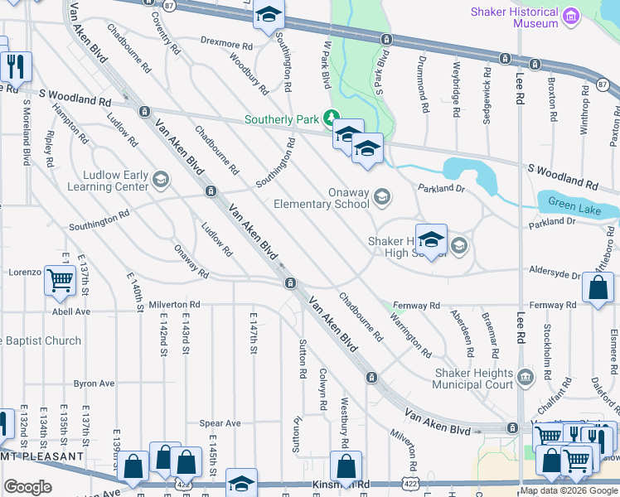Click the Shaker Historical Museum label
tap(514, 17)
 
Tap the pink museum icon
tap(570, 17)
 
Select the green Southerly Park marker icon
tap(332, 119)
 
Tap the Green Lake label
tap(574, 210)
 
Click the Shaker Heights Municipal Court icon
tap(526, 379)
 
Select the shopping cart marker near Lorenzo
tap(60, 281)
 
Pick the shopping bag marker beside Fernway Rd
tap(598, 289)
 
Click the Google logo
tap(27, 487)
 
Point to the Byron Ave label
tap(94, 384)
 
